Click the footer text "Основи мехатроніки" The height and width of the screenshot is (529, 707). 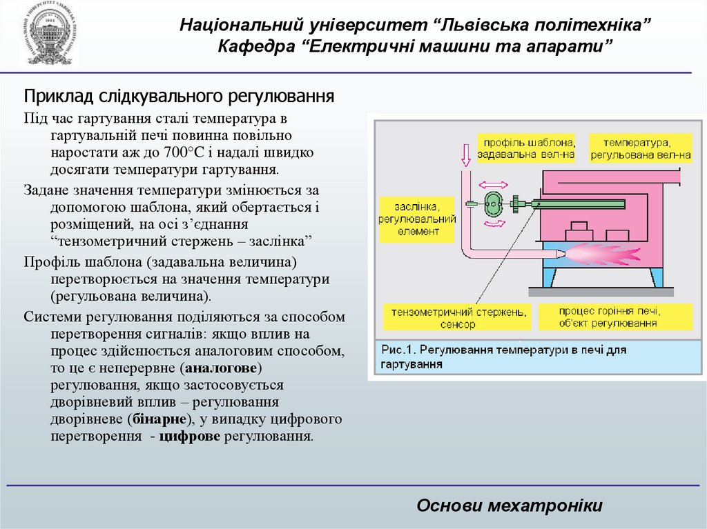510,506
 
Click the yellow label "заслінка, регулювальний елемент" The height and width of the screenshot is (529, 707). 417,219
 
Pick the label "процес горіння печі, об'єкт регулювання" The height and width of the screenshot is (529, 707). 616,317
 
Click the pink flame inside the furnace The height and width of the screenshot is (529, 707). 601,254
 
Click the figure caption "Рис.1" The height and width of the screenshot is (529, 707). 397,350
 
